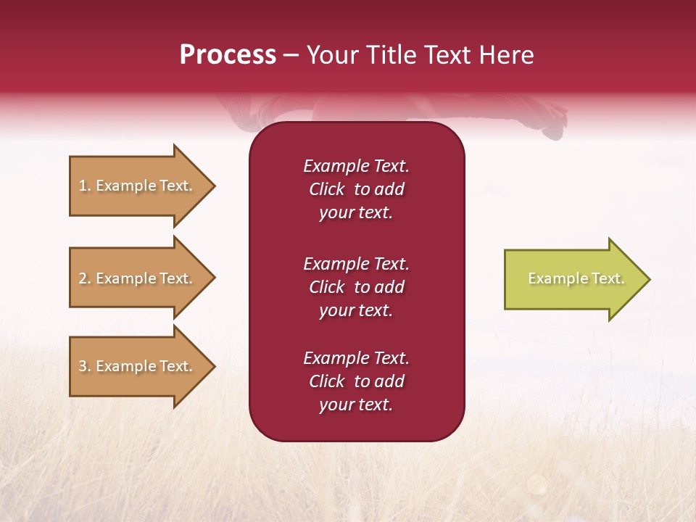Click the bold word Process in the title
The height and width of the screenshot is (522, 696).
228,55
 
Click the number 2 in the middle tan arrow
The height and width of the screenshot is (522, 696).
83,278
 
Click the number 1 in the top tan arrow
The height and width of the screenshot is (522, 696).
83,186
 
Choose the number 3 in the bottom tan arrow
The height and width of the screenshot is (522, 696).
83,366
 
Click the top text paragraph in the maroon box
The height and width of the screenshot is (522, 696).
356,189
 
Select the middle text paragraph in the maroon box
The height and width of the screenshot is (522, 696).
356,287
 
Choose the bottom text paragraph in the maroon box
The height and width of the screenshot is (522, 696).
356,381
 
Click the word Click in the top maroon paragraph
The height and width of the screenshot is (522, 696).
327,189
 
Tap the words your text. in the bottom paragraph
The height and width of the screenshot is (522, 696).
356,405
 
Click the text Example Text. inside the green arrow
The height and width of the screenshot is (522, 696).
576,278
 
